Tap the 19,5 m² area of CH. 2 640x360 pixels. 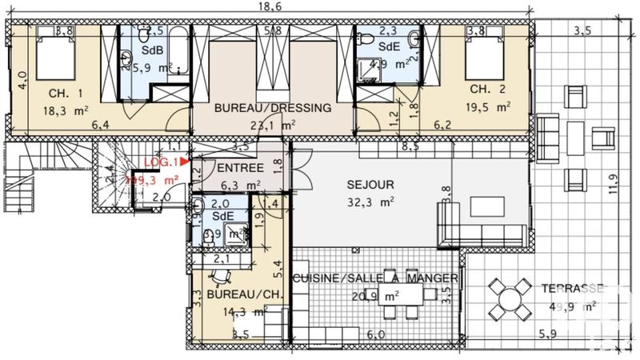pyautogui.click(x=491, y=106)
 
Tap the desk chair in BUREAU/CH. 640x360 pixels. pyautogui.click(x=219, y=278)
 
